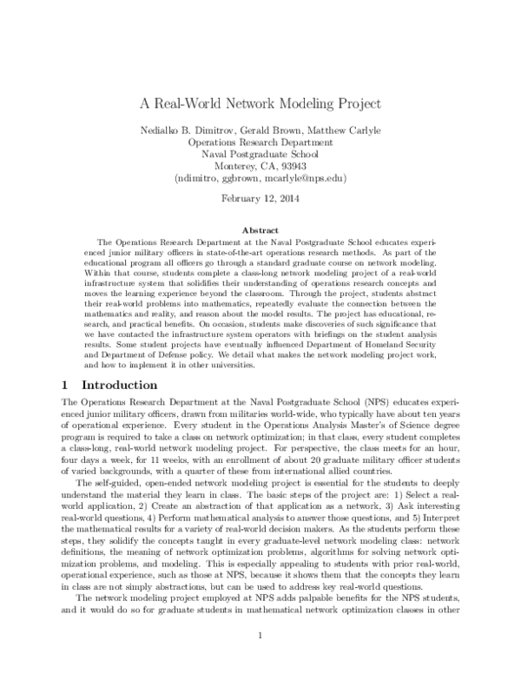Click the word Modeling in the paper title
[x=294, y=103]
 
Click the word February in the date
[x=243, y=200]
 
